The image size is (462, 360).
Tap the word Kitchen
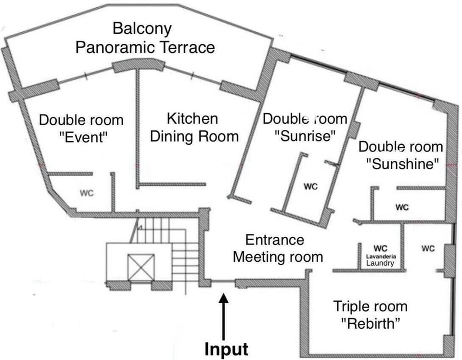tap(192, 118)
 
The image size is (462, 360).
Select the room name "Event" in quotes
tap(84, 137)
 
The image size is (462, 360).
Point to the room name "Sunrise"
tap(305, 136)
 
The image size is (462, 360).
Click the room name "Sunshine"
tap(402, 164)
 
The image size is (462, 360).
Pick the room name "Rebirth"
tap(371, 323)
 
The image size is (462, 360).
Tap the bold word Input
tap(226, 349)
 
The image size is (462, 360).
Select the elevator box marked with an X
tap(141, 268)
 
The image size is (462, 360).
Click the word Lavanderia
tap(381, 257)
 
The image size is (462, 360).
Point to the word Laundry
tap(380, 263)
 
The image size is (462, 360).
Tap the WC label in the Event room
tap(87, 193)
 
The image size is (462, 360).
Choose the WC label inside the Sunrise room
tap(311, 186)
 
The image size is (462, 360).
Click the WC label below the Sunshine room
tap(402, 207)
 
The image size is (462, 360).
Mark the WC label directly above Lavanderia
tap(380, 248)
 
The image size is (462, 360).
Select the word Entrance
tap(275, 240)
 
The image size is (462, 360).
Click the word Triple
tap(353, 307)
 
